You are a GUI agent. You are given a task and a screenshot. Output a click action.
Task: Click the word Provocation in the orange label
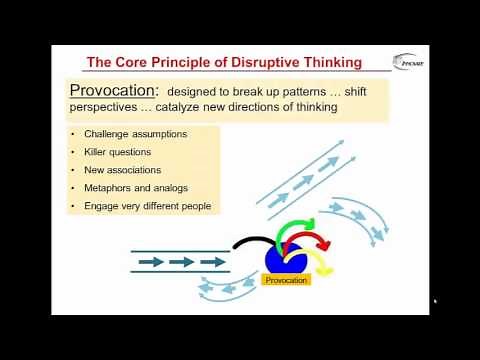pos(287,280)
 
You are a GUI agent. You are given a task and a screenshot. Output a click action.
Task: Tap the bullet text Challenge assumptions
pos(135,134)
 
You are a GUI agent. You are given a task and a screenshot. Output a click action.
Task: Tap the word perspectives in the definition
pos(107,109)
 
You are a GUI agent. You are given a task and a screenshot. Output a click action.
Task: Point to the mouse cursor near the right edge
pos(435,300)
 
